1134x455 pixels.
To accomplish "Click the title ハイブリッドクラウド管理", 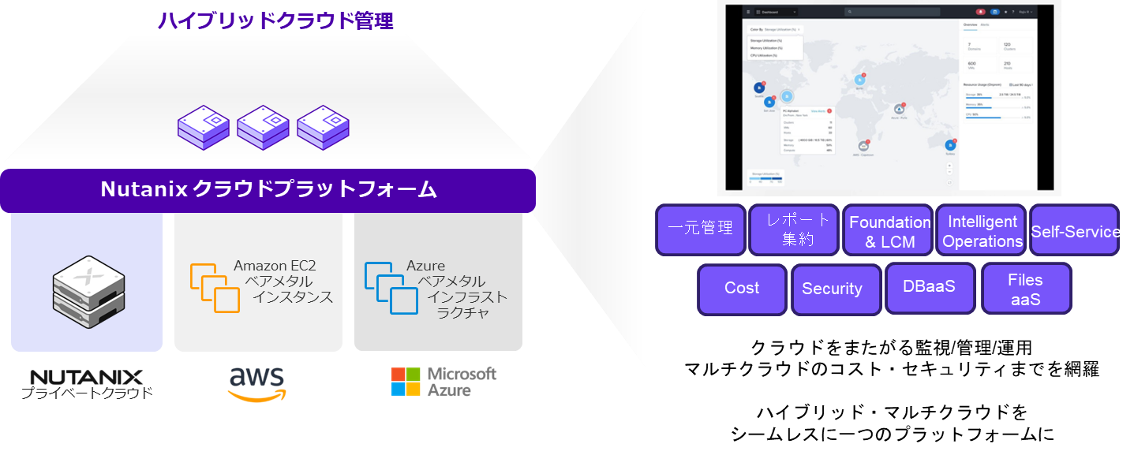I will pyautogui.click(x=275, y=21).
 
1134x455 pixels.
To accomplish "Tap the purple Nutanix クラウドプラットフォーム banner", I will pyautogui.click(x=268, y=190).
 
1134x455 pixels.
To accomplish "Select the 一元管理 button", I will pyautogui.click(x=701, y=229).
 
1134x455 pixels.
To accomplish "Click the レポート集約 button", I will pyautogui.click(x=795, y=229).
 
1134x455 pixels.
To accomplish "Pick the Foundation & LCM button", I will pyautogui.click(x=889, y=232).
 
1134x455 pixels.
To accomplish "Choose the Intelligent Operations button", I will pyautogui.click(x=982, y=232).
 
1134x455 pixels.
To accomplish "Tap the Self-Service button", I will pyautogui.click(x=1076, y=232).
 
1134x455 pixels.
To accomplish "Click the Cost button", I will pyautogui.click(x=742, y=289).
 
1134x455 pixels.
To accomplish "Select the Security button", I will pyautogui.click(x=832, y=289).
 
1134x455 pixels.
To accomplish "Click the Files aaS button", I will pyautogui.click(x=1025, y=289).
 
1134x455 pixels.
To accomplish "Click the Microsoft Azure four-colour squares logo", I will pyautogui.click(x=406, y=382).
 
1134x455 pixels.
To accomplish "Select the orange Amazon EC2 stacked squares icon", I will pyautogui.click(x=215, y=288).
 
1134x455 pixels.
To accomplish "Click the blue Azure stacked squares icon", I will pyautogui.click(x=391, y=289).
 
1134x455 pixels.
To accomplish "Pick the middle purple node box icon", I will pyautogui.click(x=263, y=129).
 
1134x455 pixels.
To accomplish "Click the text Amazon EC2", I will pyautogui.click(x=275, y=266).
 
